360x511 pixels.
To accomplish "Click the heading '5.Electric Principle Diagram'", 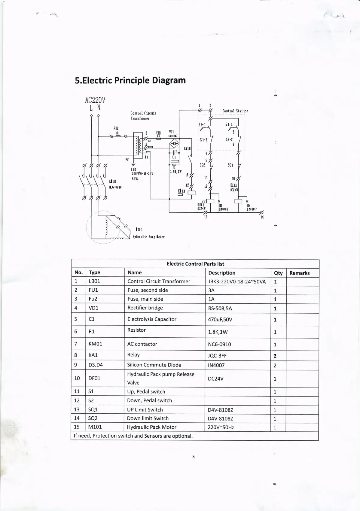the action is click(130, 81).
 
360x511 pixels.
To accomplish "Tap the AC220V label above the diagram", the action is click(95, 100).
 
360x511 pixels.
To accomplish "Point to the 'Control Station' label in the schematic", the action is click(235, 111).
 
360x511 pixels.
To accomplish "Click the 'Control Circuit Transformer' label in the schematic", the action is click(143, 116).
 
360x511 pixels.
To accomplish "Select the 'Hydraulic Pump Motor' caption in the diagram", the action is click(148, 237).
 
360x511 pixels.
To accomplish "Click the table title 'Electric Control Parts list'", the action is click(195, 264).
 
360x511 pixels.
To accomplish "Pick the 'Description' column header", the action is click(222, 273).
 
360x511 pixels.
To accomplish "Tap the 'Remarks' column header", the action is click(299, 273).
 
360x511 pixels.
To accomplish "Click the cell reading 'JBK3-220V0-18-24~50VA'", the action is click(237, 282).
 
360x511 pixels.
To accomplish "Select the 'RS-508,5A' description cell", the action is click(220, 308).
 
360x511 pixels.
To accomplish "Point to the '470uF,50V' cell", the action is click(220, 319).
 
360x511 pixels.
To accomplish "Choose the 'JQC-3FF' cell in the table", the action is click(217, 356).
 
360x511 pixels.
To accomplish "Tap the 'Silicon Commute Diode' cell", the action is click(154, 365).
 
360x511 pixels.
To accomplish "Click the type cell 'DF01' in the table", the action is click(94, 378).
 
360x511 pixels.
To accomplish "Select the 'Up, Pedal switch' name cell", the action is click(146, 392).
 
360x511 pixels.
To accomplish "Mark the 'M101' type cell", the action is click(95, 427).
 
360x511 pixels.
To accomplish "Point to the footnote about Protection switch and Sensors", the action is click(133, 436).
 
